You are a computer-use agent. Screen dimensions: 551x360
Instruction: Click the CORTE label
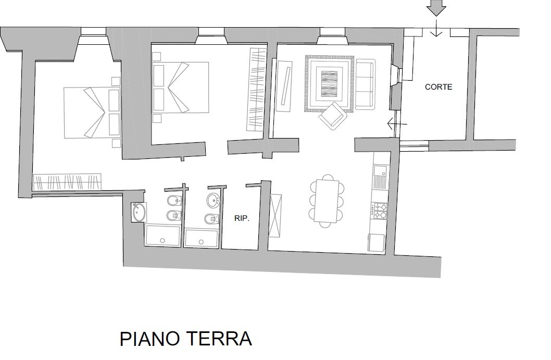[438, 87]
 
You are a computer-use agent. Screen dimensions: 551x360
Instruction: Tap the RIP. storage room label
[242, 218]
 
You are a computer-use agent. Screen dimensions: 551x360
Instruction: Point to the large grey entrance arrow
[436, 8]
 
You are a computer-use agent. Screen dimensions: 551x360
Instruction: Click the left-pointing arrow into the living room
[397, 124]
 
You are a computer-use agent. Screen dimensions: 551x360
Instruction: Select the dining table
[327, 201]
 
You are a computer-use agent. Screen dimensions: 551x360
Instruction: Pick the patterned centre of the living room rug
[329, 83]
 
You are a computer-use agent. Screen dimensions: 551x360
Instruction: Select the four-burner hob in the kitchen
[380, 210]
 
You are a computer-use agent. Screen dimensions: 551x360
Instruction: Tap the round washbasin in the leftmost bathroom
[139, 213]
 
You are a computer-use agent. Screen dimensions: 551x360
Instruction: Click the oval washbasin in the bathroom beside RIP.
[214, 200]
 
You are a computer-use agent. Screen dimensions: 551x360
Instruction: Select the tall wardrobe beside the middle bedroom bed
[257, 90]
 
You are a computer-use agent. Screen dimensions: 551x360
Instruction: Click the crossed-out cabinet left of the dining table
[276, 215]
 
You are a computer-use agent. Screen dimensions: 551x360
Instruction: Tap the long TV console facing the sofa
[284, 86]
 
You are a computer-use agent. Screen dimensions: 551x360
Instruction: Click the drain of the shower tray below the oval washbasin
[202, 242]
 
